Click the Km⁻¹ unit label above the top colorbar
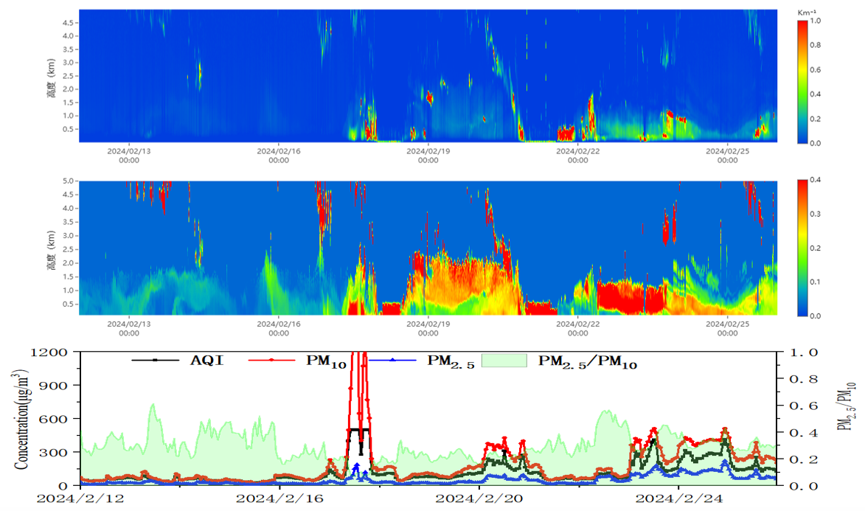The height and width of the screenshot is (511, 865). (x=807, y=13)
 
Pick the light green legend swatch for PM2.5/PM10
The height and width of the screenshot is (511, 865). (x=504, y=360)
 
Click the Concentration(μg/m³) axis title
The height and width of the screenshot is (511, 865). (x=21, y=417)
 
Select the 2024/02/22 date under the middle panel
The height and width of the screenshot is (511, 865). (x=577, y=328)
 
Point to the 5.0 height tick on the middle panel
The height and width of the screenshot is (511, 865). (x=68, y=181)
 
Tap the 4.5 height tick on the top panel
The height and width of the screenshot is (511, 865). (x=68, y=23)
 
